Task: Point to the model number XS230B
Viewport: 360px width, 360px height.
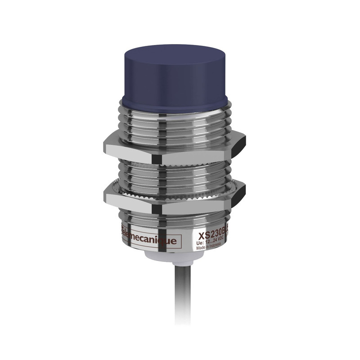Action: [214, 234]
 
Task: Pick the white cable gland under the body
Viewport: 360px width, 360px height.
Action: [175, 258]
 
